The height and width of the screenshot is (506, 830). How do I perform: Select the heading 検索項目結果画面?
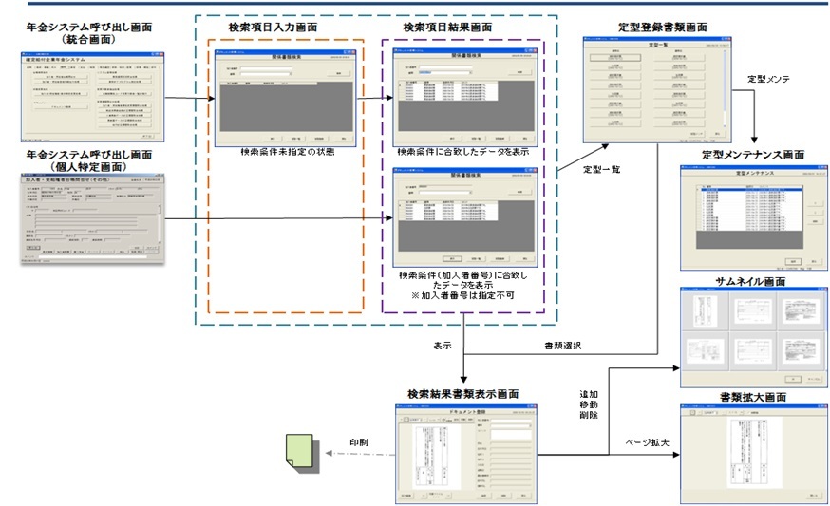[447, 28]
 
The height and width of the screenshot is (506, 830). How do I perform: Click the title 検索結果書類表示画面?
[462, 393]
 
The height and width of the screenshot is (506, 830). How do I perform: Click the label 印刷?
[358, 442]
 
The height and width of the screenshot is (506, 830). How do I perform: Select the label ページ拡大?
[646, 442]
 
